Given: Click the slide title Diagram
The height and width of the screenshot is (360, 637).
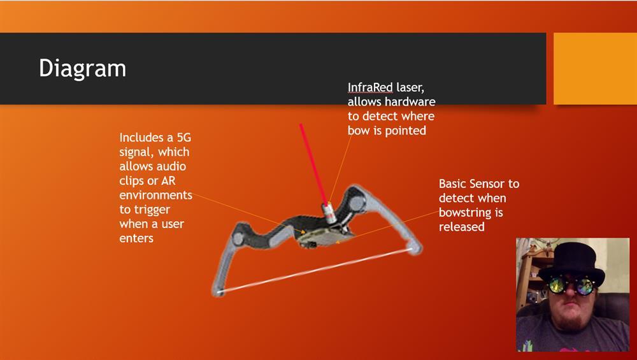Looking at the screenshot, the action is (x=82, y=68).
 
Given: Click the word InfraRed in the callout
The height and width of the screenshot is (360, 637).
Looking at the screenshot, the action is (x=370, y=87).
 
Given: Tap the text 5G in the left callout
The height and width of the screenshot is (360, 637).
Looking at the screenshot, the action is (x=184, y=138).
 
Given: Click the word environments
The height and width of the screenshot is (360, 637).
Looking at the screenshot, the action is (x=155, y=195).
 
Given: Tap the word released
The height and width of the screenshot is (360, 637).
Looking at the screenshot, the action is (x=461, y=227).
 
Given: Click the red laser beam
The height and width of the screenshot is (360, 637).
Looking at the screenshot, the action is (x=313, y=163).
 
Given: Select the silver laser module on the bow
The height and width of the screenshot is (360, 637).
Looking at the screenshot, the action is (x=329, y=213).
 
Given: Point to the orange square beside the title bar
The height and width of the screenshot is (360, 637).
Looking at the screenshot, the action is (x=595, y=69).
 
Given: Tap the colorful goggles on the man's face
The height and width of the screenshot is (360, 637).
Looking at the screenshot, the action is (x=571, y=285).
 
